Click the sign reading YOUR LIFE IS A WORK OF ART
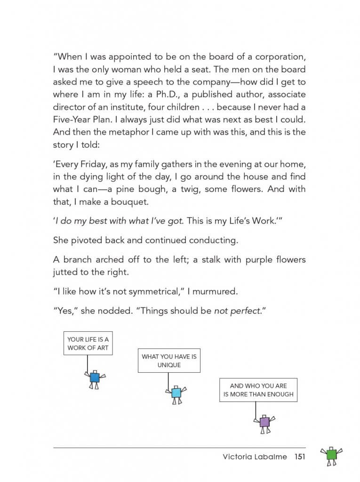88,343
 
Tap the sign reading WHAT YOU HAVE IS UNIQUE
169,361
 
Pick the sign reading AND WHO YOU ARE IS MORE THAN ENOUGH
258,390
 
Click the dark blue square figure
95,378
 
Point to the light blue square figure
176,392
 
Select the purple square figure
265,422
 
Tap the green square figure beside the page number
331,455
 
